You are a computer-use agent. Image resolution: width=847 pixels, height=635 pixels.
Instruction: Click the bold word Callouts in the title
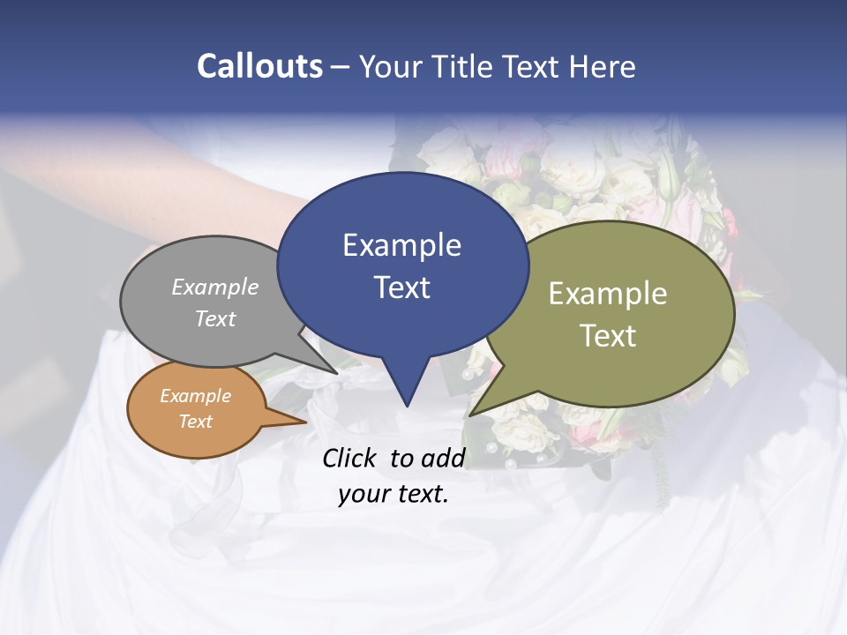(x=259, y=66)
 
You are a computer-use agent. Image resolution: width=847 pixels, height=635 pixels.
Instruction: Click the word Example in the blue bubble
(x=401, y=245)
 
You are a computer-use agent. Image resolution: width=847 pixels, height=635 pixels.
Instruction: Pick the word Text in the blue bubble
(x=401, y=288)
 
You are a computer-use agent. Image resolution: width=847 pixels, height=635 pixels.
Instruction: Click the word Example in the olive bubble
(x=608, y=294)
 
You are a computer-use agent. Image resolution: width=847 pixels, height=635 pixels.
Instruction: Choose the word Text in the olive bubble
(x=608, y=336)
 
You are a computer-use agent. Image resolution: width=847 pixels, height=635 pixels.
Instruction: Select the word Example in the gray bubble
(x=215, y=288)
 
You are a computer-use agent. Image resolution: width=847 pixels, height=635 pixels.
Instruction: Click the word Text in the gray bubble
(x=215, y=318)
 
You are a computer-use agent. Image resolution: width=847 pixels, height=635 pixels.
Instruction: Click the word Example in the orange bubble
(x=195, y=396)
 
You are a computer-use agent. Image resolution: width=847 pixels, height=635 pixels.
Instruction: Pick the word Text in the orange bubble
(x=195, y=422)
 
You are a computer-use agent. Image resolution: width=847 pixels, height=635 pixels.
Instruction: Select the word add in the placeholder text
(x=442, y=458)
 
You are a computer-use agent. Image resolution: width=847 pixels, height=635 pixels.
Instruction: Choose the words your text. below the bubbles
(x=394, y=494)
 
